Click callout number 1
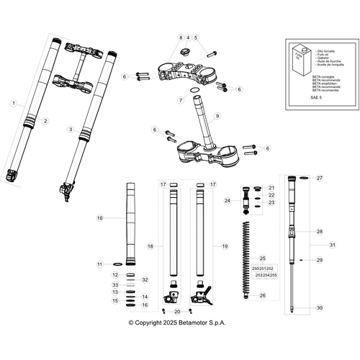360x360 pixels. coord(13,104)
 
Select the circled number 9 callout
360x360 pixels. coord(217,115)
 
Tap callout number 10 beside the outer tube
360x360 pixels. coord(100,217)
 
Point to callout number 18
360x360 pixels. coord(150,246)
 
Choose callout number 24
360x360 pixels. coord(228,201)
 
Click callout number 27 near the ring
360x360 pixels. coord(321,177)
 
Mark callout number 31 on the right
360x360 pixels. coord(332,246)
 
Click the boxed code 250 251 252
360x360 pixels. coord(264,268)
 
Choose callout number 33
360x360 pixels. coord(114,286)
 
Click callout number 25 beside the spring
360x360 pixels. coord(263,258)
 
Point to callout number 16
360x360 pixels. coord(145,305)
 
